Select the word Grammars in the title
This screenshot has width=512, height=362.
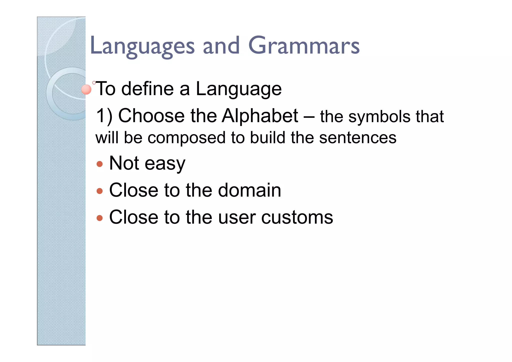click(304, 46)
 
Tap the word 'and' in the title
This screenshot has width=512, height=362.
click(221, 46)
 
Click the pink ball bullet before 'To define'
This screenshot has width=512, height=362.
click(86, 90)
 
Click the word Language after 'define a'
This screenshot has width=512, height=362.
click(238, 89)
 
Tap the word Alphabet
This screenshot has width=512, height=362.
click(260, 116)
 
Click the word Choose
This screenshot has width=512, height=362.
click(151, 116)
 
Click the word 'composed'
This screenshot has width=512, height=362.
click(186, 138)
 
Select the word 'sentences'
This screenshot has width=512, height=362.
click(357, 138)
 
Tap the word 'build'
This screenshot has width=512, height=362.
click(267, 138)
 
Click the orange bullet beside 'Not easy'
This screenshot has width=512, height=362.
click(99, 164)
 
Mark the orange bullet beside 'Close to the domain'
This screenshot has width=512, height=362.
click(99, 191)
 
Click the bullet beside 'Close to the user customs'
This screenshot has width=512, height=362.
click(99, 218)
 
